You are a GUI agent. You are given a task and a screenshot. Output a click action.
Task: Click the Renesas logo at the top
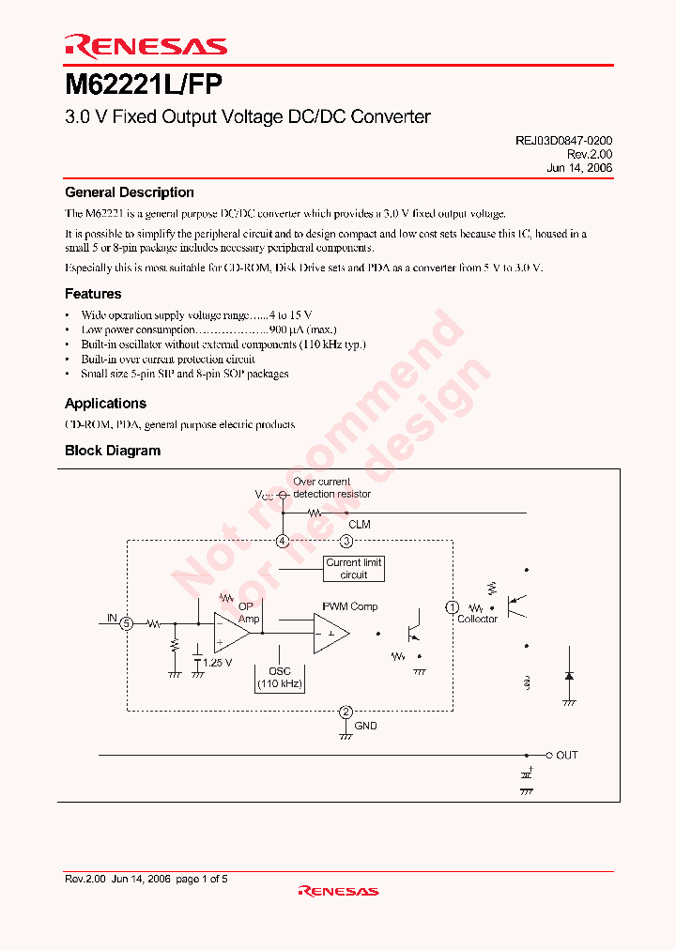[146, 45]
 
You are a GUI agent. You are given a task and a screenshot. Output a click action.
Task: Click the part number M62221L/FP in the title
[144, 85]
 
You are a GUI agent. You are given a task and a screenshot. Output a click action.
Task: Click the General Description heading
[130, 192]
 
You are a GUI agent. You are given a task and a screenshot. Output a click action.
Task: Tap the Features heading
[93, 294]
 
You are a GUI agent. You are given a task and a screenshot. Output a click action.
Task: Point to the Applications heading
[105, 404]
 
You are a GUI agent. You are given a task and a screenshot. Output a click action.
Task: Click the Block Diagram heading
[113, 451]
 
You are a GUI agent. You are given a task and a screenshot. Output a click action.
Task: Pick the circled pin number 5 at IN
[128, 622]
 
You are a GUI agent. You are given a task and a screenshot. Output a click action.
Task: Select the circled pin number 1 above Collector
[452, 607]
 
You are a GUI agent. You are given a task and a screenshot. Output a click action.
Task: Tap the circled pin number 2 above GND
[346, 712]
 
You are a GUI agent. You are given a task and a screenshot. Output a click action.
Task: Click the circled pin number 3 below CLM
[346, 541]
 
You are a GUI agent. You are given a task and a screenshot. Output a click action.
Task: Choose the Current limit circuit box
[354, 569]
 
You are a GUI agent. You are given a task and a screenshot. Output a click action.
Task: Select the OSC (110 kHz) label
[280, 678]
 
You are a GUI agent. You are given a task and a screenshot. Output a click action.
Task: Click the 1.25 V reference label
[217, 663]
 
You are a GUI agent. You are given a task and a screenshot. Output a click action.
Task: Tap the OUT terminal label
[567, 755]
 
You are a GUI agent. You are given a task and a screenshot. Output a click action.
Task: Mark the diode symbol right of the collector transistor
[568, 675]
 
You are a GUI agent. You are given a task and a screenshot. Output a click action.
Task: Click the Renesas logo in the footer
[338, 890]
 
